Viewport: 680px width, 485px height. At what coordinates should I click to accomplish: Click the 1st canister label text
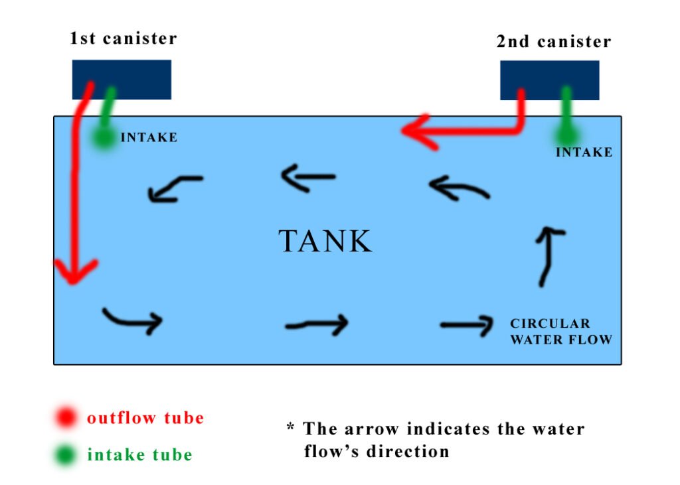coord(124,38)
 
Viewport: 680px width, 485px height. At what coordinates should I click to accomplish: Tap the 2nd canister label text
coord(553,41)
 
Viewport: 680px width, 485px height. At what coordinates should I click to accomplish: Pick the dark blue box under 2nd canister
coord(549,80)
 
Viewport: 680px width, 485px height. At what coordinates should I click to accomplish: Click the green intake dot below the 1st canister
coord(103,137)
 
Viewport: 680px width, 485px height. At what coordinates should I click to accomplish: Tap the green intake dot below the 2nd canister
coord(566,135)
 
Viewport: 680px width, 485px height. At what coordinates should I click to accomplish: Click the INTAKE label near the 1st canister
coord(149,138)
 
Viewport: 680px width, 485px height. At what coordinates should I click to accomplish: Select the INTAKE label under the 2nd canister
coord(584,153)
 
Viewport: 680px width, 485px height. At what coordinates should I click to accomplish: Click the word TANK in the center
coord(325,242)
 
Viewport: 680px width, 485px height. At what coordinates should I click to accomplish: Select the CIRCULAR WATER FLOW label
coord(560,332)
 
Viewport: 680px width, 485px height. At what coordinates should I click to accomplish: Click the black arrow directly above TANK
coord(307,178)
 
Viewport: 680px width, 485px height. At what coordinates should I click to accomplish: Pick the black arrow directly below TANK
coord(318,324)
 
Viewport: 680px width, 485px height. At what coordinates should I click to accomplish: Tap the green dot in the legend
coord(66,455)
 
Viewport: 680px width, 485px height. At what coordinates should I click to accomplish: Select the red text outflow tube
coord(145,418)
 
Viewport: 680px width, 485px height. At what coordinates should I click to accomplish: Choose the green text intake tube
coord(139,455)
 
